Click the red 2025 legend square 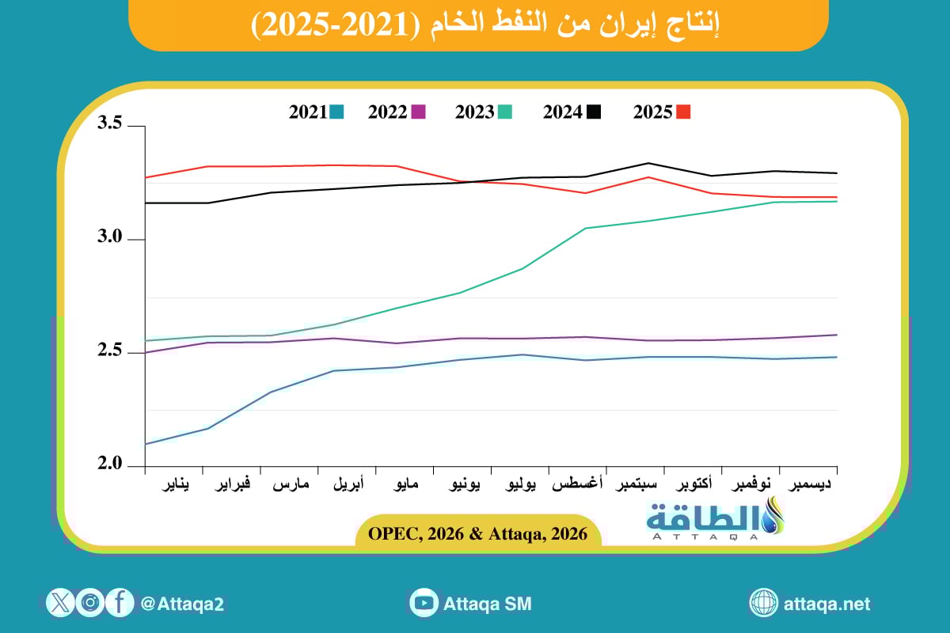(x=683, y=112)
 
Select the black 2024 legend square (x=593, y=112)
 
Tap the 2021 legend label (x=308, y=112)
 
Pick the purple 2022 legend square (x=419, y=112)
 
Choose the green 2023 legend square (x=504, y=112)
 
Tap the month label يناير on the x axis (x=175, y=483)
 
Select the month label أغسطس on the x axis (x=579, y=483)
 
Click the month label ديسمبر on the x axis (x=811, y=483)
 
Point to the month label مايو (x=405, y=483)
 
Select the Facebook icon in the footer (x=119, y=603)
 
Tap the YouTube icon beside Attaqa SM (x=424, y=603)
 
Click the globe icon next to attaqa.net (x=764, y=603)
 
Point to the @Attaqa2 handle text (x=182, y=604)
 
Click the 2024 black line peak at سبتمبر (x=649, y=163)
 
